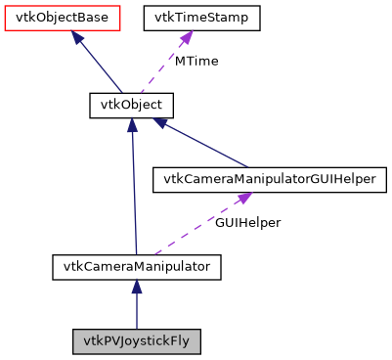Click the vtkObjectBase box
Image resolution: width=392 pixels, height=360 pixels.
tap(63, 19)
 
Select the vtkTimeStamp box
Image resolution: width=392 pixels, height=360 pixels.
tap(201, 19)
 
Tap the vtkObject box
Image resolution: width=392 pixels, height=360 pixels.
tap(131, 105)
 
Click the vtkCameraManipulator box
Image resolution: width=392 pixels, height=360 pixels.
tap(137, 265)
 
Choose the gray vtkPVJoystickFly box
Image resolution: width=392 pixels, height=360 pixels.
tap(137, 341)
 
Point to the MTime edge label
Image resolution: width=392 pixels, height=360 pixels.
tap(196, 62)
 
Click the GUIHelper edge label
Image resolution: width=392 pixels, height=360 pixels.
tap(249, 223)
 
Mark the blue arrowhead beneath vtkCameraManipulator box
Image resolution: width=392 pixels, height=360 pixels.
tap(137, 287)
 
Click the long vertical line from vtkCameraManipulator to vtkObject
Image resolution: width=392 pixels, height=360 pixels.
tap(134, 196)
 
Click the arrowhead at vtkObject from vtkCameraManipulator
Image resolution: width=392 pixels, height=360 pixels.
tap(132, 126)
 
